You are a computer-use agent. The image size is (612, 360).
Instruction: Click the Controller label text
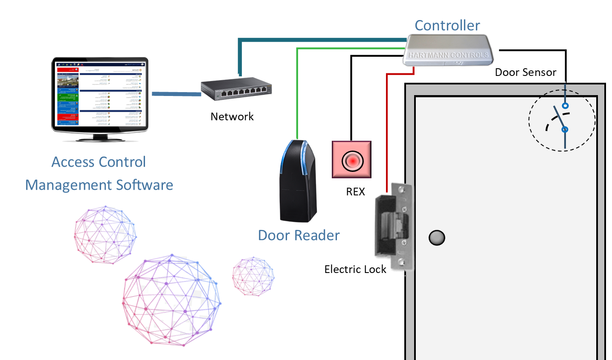(447, 26)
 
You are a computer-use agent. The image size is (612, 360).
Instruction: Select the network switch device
(236, 89)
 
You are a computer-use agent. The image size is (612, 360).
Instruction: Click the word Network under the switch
(232, 116)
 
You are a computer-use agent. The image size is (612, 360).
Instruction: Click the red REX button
(352, 160)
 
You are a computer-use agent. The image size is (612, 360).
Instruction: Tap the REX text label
(355, 192)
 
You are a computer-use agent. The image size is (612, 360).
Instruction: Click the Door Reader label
(299, 235)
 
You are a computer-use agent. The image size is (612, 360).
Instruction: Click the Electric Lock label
(355, 269)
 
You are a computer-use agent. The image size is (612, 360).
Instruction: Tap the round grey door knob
(437, 238)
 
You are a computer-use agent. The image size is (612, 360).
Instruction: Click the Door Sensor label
(525, 73)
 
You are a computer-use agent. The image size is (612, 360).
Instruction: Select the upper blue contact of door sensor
(565, 105)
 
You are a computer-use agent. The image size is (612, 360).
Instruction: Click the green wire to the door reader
(297, 94)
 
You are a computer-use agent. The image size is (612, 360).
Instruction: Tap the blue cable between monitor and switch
(176, 94)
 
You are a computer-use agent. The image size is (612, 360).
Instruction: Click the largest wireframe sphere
(171, 300)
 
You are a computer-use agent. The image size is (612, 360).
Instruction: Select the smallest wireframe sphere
(253, 276)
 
